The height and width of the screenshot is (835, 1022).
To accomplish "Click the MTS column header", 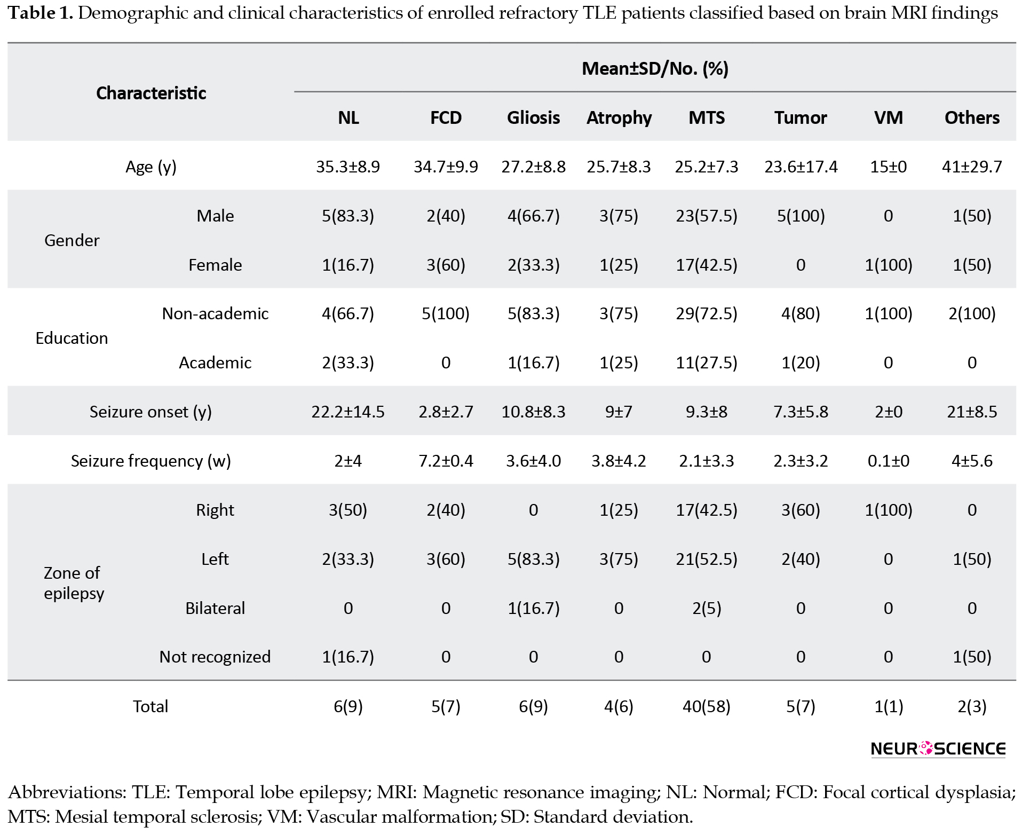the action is click(707, 117).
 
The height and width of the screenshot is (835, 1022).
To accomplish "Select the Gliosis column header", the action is click(533, 117).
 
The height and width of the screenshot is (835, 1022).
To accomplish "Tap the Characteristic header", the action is click(151, 93).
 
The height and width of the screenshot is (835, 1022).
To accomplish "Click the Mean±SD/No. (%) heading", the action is click(655, 68).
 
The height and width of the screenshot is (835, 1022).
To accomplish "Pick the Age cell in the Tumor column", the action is click(801, 167).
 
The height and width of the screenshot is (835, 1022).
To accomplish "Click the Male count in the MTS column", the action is click(707, 216).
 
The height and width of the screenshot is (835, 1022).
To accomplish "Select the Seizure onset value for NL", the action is click(348, 412).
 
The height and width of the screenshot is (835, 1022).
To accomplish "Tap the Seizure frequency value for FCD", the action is click(446, 461).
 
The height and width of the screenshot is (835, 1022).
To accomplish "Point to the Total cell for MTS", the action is click(707, 706).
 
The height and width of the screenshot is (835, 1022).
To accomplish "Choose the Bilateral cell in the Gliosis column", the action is click(533, 608).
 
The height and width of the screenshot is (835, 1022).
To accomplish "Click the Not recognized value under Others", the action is click(972, 657).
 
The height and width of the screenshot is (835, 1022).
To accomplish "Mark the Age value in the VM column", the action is click(888, 167).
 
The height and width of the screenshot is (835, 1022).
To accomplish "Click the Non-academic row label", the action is click(215, 313).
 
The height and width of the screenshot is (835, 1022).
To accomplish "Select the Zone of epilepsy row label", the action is click(73, 583).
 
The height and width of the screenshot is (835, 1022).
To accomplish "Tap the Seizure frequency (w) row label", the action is click(151, 461).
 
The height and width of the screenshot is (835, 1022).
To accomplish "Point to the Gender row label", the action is click(72, 240).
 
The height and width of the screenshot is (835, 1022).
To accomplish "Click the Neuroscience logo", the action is click(938, 749).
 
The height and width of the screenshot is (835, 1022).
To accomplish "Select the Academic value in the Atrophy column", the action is click(619, 363).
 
